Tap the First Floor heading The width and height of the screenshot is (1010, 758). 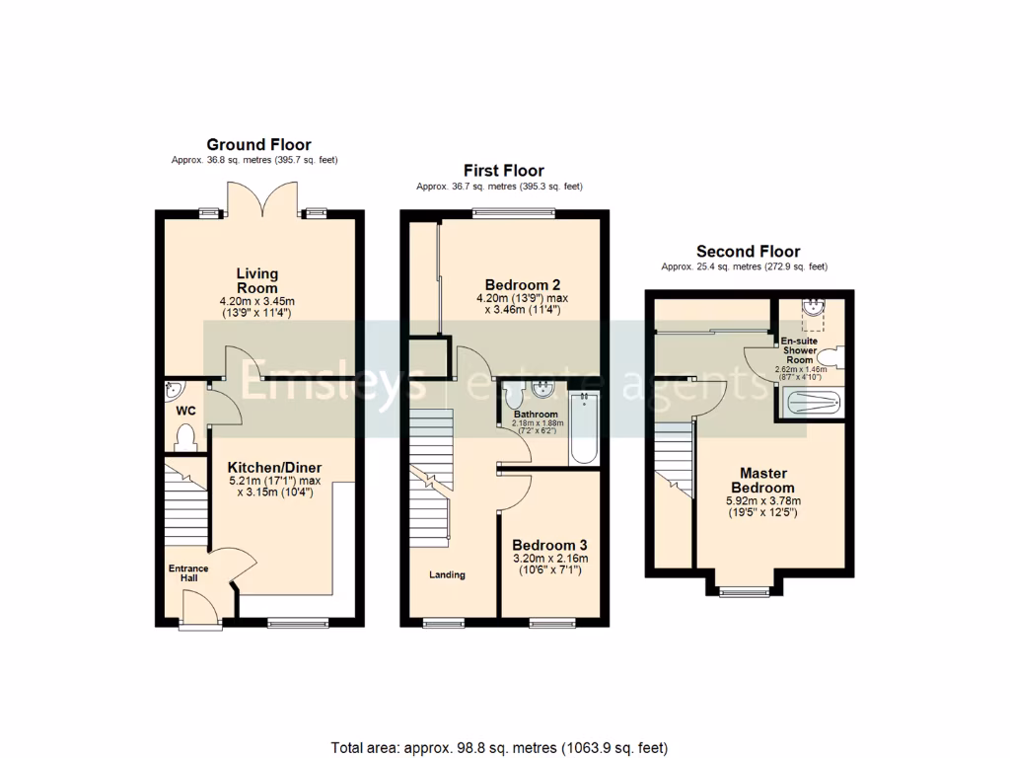pos(503,171)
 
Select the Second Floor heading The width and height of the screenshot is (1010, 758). pos(748,252)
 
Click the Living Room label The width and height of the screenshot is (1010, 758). pos(257,280)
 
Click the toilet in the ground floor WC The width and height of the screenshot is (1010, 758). pos(183,435)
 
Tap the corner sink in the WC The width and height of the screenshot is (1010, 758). pos(172,388)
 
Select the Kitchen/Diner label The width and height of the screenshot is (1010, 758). pos(274,467)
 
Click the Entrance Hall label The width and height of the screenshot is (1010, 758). pos(187,572)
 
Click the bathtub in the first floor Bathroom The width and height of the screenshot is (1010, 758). pos(585,429)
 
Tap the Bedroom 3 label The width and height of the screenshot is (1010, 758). pos(549,545)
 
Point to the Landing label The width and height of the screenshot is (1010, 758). pos(447,574)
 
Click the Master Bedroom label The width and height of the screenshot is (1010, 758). pos(761,480)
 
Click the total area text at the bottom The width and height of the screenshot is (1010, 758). pos(504,747)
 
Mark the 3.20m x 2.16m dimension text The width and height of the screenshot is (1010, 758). pos(549,559)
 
